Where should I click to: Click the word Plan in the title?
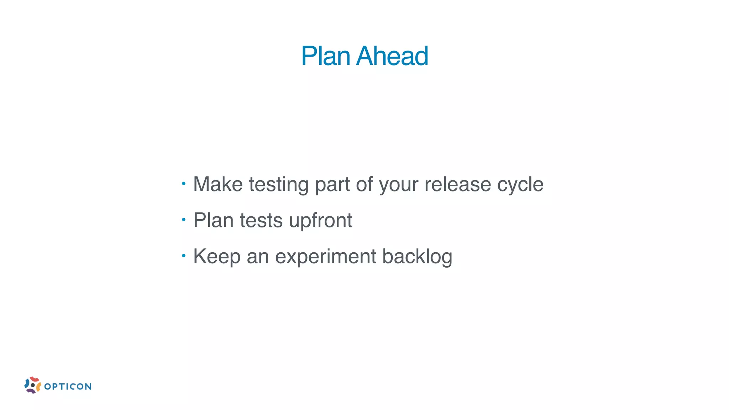click(x=326, y=56)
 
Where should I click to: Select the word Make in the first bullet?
click(x=218, y=184)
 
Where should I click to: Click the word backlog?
click(x=417, y=257)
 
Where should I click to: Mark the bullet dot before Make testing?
click(x=184, y=184)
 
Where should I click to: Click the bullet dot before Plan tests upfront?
click(x=184, y=220)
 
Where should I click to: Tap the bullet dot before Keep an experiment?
click(x=184, y=256)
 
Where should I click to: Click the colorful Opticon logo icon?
click(x=32, y=385)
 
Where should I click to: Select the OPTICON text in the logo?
click(x=68, y=387)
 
